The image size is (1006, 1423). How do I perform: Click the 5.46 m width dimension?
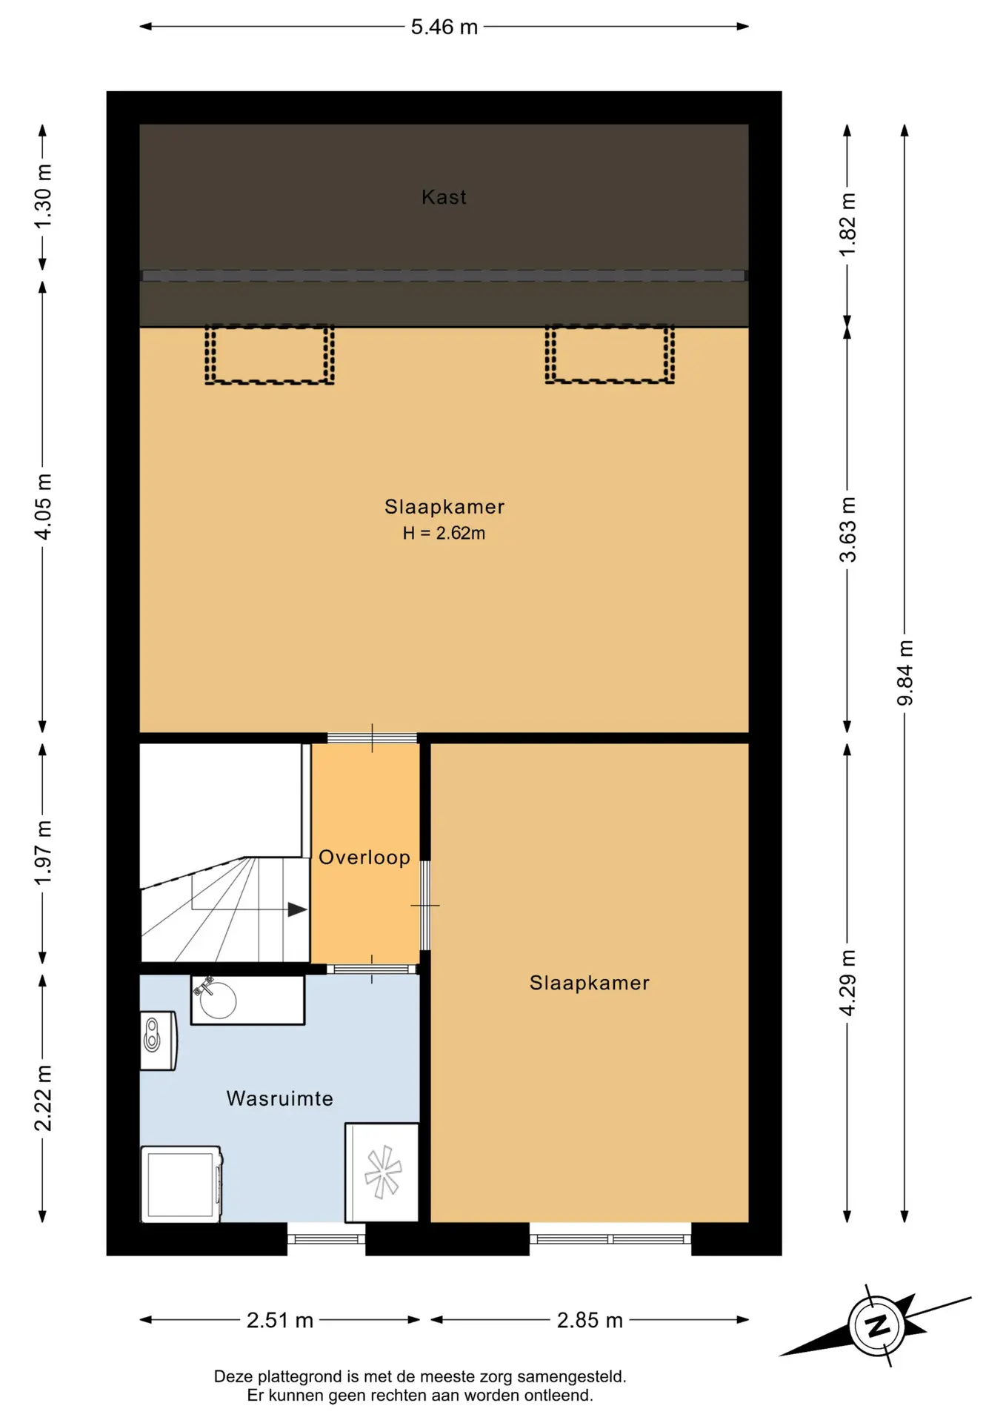[x=444, y=27]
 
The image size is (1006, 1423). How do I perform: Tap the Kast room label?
[x=444, y=197]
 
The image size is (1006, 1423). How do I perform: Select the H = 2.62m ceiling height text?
[x=444, y=533]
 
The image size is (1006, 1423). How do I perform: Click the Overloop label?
[x=364, y=858]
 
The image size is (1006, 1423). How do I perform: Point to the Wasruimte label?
[x=279, y=1098]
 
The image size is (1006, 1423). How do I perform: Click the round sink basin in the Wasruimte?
[x=218, y=1001]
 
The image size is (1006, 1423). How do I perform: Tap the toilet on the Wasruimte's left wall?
[x=158, y=1041]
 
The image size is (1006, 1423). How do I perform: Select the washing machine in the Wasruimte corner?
[x=181, y=1184]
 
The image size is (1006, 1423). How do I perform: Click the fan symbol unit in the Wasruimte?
[x=382, y=1172]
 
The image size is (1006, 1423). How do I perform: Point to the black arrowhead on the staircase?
[x=297, y=909]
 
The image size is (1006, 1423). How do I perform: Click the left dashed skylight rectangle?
[x=270, y=354]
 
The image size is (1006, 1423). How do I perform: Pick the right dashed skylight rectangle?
[x=610, y=354]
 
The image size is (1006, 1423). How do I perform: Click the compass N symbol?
[x=877, y=1325]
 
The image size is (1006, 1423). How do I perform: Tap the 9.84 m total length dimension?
[x=905, y=673]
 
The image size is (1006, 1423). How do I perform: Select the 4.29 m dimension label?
[x=847, y=983]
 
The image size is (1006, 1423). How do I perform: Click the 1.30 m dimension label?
[x=43, y=196]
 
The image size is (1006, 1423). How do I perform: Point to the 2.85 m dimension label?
[x=590, y=1321]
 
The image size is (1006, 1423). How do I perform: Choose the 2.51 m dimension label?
[x=279, y=1321]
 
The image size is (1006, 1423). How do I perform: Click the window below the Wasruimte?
[x=326, y=1238]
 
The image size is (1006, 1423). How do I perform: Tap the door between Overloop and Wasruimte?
[x=372, y=969]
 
